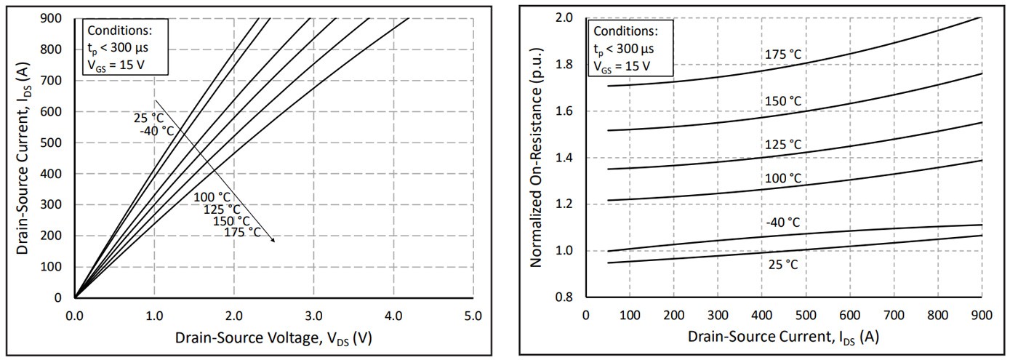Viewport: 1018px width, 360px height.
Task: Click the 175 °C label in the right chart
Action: (782, 54)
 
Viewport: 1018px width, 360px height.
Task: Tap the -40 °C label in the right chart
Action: (782, 222)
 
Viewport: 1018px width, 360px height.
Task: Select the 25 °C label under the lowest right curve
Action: (782, 265)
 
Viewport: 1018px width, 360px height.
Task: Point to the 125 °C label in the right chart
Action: (782, 144)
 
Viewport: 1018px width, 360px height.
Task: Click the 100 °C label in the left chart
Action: (212, 198)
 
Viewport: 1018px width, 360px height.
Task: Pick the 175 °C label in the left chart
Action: (242, 232)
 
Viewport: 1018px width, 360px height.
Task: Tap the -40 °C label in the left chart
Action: (157, 131)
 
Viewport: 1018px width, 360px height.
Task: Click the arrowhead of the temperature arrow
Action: (273, 241)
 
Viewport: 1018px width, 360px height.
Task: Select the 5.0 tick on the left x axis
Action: (473, 315)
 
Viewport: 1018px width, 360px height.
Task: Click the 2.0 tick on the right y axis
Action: (564, 17)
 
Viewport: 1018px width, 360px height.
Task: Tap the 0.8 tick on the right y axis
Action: (564, 297)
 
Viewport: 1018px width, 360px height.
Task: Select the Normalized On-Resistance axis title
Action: (537, 157)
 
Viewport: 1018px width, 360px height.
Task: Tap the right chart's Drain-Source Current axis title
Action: (783, 338)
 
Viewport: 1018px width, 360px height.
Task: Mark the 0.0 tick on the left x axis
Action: (75, 315)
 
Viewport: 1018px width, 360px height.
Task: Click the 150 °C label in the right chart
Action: (782, 100)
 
